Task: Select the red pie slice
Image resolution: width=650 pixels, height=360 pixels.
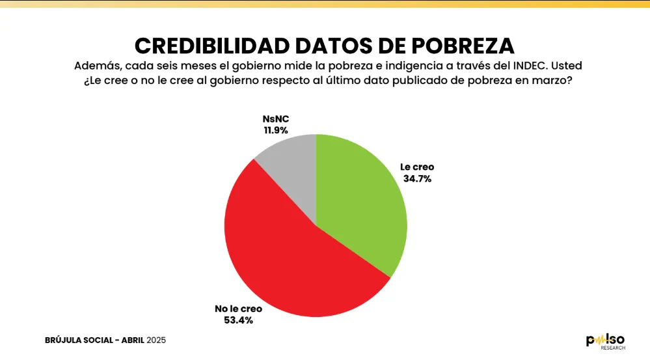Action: (x=286, y=254)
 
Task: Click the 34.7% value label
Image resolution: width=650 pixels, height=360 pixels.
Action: (x=416, y=178)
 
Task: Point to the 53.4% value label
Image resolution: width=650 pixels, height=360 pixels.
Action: (x=234, y=320)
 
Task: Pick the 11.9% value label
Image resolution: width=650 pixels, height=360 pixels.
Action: (x=275, y=130)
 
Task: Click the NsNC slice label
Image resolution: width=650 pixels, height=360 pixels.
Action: (x=275, y=119)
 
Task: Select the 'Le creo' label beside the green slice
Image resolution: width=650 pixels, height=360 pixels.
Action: (x=417, y=167)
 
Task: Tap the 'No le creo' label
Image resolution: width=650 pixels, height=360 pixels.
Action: (x=234, y=309)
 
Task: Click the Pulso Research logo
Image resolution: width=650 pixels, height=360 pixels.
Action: (x=605, y=340)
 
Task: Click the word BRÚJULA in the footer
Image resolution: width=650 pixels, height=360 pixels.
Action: (x=64, y=340)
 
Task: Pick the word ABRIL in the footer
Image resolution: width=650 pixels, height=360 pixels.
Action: (x=131, y=340)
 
